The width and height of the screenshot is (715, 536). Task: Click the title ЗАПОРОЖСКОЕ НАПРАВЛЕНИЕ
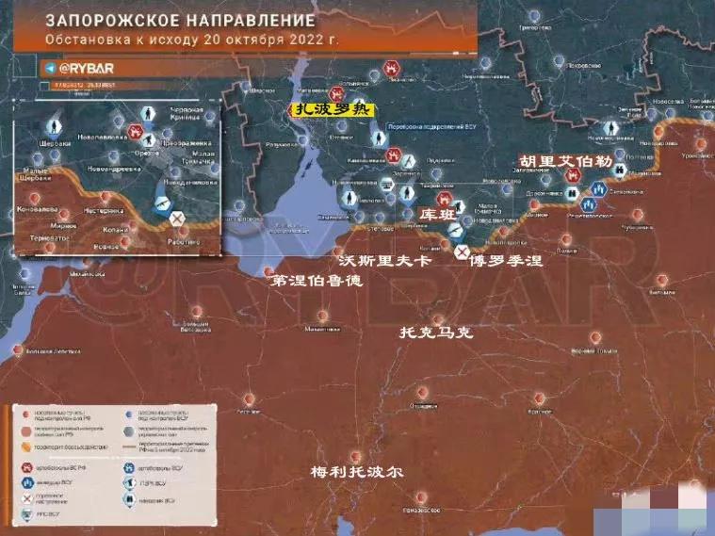click(x=178, y=20)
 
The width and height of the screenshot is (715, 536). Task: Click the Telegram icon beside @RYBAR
click(x=50, y=69)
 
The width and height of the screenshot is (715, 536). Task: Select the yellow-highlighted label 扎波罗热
click(x=330, y=110)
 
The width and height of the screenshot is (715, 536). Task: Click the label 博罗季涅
click(x=506, y=260)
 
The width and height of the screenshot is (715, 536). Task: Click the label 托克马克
click(x=435, y=333)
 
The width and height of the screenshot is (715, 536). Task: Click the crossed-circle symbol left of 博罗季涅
click(x=462, y=252)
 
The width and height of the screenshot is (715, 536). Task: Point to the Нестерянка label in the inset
click(x=104, y=210)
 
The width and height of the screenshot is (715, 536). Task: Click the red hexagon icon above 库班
click(x=440, y=199)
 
